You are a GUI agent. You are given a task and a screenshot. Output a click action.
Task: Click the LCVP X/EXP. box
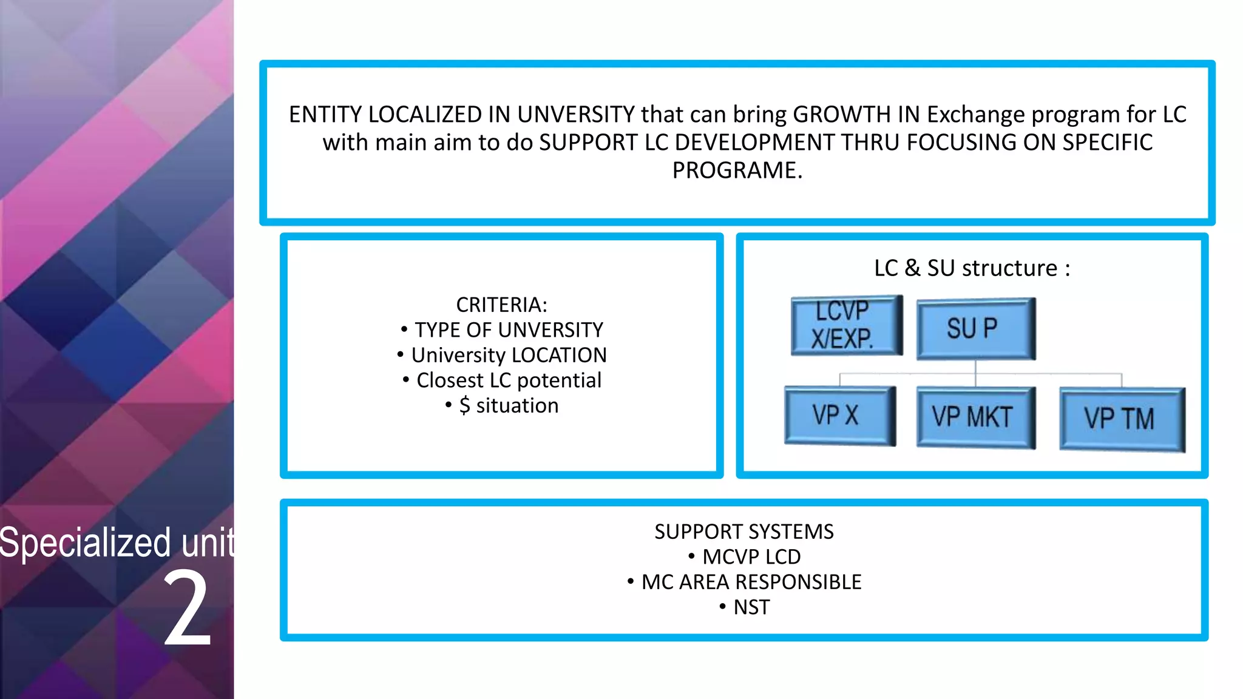846,325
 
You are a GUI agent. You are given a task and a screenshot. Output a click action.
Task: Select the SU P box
975,328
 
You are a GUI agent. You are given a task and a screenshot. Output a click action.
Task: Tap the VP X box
839,416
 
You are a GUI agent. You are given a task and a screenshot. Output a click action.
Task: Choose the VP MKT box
975,417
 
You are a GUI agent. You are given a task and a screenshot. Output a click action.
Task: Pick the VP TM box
1122,419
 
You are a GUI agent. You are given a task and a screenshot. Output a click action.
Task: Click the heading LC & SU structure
972,268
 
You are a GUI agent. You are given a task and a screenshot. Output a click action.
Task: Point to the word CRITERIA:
501,305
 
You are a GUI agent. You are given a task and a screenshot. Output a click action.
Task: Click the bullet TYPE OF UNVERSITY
509,330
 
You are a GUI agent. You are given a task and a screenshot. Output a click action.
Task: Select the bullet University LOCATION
509,355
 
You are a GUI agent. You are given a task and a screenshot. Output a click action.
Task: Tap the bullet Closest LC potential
509,380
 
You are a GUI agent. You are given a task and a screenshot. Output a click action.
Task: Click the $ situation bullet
509,405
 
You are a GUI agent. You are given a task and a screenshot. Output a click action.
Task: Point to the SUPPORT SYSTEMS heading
743,532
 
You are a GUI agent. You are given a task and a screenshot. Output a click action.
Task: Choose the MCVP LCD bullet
751,556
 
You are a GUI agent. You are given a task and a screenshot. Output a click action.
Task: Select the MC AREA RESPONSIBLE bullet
751,582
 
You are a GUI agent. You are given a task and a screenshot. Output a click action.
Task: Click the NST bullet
751,607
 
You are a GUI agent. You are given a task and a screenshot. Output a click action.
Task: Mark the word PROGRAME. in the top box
737,171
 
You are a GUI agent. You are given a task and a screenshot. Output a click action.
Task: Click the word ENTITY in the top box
325,115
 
